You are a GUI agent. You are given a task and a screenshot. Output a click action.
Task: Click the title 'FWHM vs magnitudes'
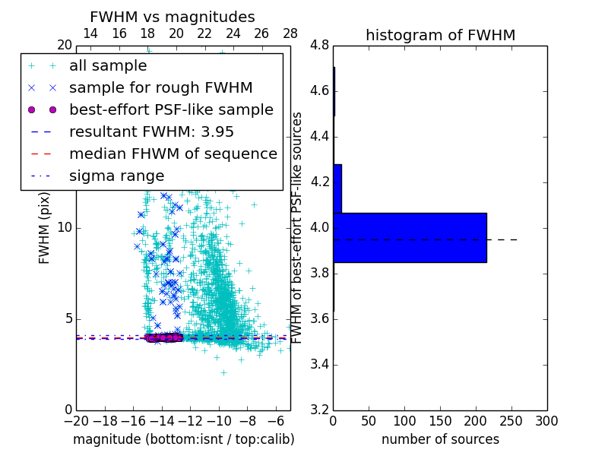pyautogui.click(x=173, y=17)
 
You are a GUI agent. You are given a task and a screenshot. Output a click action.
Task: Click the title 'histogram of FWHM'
pyautogui.click(x=440, y=35)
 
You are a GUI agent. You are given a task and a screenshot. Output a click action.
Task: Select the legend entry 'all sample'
pyautogui.click(x=108, y=66)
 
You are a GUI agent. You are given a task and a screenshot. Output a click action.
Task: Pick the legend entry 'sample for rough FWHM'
pyautogui.click(x=160, y=88)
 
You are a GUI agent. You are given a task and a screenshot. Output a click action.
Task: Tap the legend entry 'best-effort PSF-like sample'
pyautogui.click(x=171, y=109)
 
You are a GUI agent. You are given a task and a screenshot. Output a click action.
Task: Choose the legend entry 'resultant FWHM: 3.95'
pyautogui.click(x=151, y=131)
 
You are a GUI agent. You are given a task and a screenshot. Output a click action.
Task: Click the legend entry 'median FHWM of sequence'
pyautogui.click(x=173, y=154)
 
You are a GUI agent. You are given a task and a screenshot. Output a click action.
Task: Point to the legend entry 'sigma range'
pyautogui.click(x=116, y=176)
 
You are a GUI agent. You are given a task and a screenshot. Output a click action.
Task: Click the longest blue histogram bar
pyautogui.click(x=410, y=238)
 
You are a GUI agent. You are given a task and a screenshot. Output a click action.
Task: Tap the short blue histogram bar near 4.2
pyautogui.click(x=337, y=188)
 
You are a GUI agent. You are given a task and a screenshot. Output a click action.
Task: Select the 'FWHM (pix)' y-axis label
pyautogui.click(x=45, y=228)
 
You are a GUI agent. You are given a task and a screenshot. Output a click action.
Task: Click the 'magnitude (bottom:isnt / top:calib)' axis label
pyautogui.click(x=183, y=439)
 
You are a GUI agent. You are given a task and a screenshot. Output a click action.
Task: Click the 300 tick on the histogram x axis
pyautogui.click(x=546, y=421)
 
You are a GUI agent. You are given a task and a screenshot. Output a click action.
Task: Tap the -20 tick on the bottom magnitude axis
pyautogui.click(x=76, y=421)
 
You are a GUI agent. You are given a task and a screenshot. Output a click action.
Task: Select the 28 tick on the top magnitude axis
pyautogui.click(x=290, y=33)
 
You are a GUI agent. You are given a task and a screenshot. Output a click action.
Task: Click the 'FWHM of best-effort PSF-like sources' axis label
pyautogui.click(x=298, y=228)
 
